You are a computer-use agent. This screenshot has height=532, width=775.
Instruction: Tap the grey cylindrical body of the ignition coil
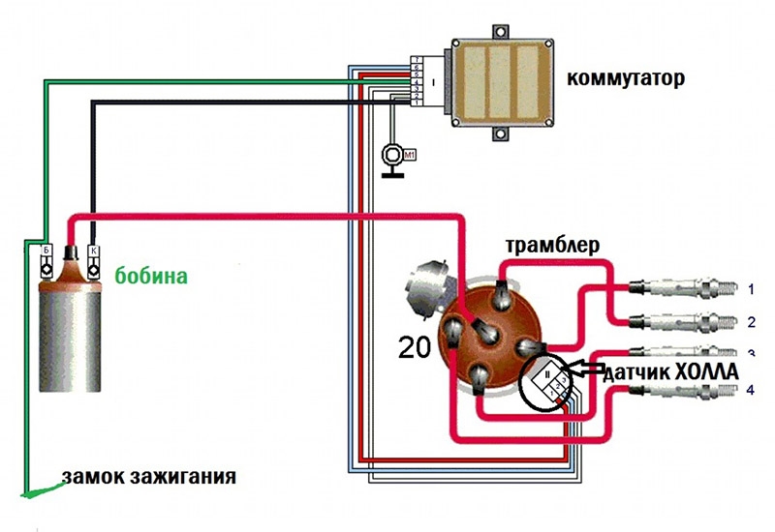tap(68, 339)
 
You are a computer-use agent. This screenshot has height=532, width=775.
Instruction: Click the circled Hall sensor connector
tap(547, 382)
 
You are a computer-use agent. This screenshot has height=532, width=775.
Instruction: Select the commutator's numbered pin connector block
tap(415, 80)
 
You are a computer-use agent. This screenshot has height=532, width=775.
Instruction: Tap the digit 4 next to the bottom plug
tap(750, 391)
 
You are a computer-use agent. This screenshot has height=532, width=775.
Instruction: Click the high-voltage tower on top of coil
tap(70, 258)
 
